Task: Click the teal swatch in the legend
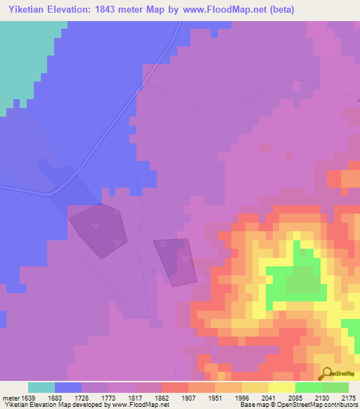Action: (x=41, y=387)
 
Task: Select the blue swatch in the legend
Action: (x=68, y=387)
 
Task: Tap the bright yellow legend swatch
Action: (x=281, y=387)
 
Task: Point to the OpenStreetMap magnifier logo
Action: (x=326, y=374)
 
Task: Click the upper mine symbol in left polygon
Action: (x=96, y=226)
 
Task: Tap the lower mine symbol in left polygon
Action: (x=117, y=243)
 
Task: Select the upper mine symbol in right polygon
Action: (x=163, y=244)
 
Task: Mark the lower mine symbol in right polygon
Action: (x=186, y=258)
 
